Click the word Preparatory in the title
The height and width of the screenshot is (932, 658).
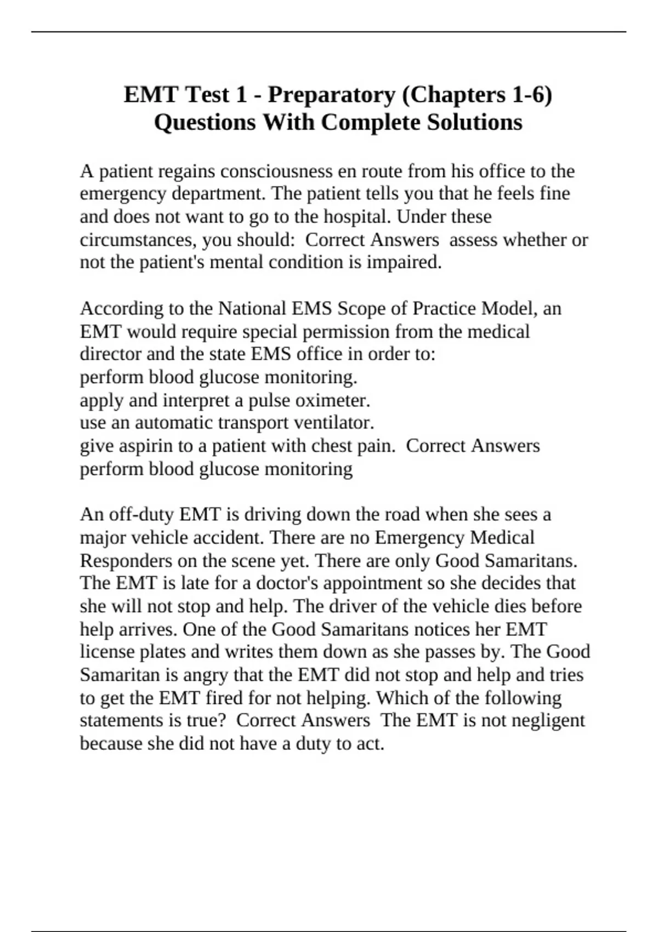pos(331,95)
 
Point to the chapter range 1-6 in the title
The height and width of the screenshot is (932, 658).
pos(531,95)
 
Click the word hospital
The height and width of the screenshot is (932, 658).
pos(356,217)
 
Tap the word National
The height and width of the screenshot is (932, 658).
pos(252,309)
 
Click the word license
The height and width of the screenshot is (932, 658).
pos(107,652)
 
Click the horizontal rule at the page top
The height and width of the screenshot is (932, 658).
pos(329,32)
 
